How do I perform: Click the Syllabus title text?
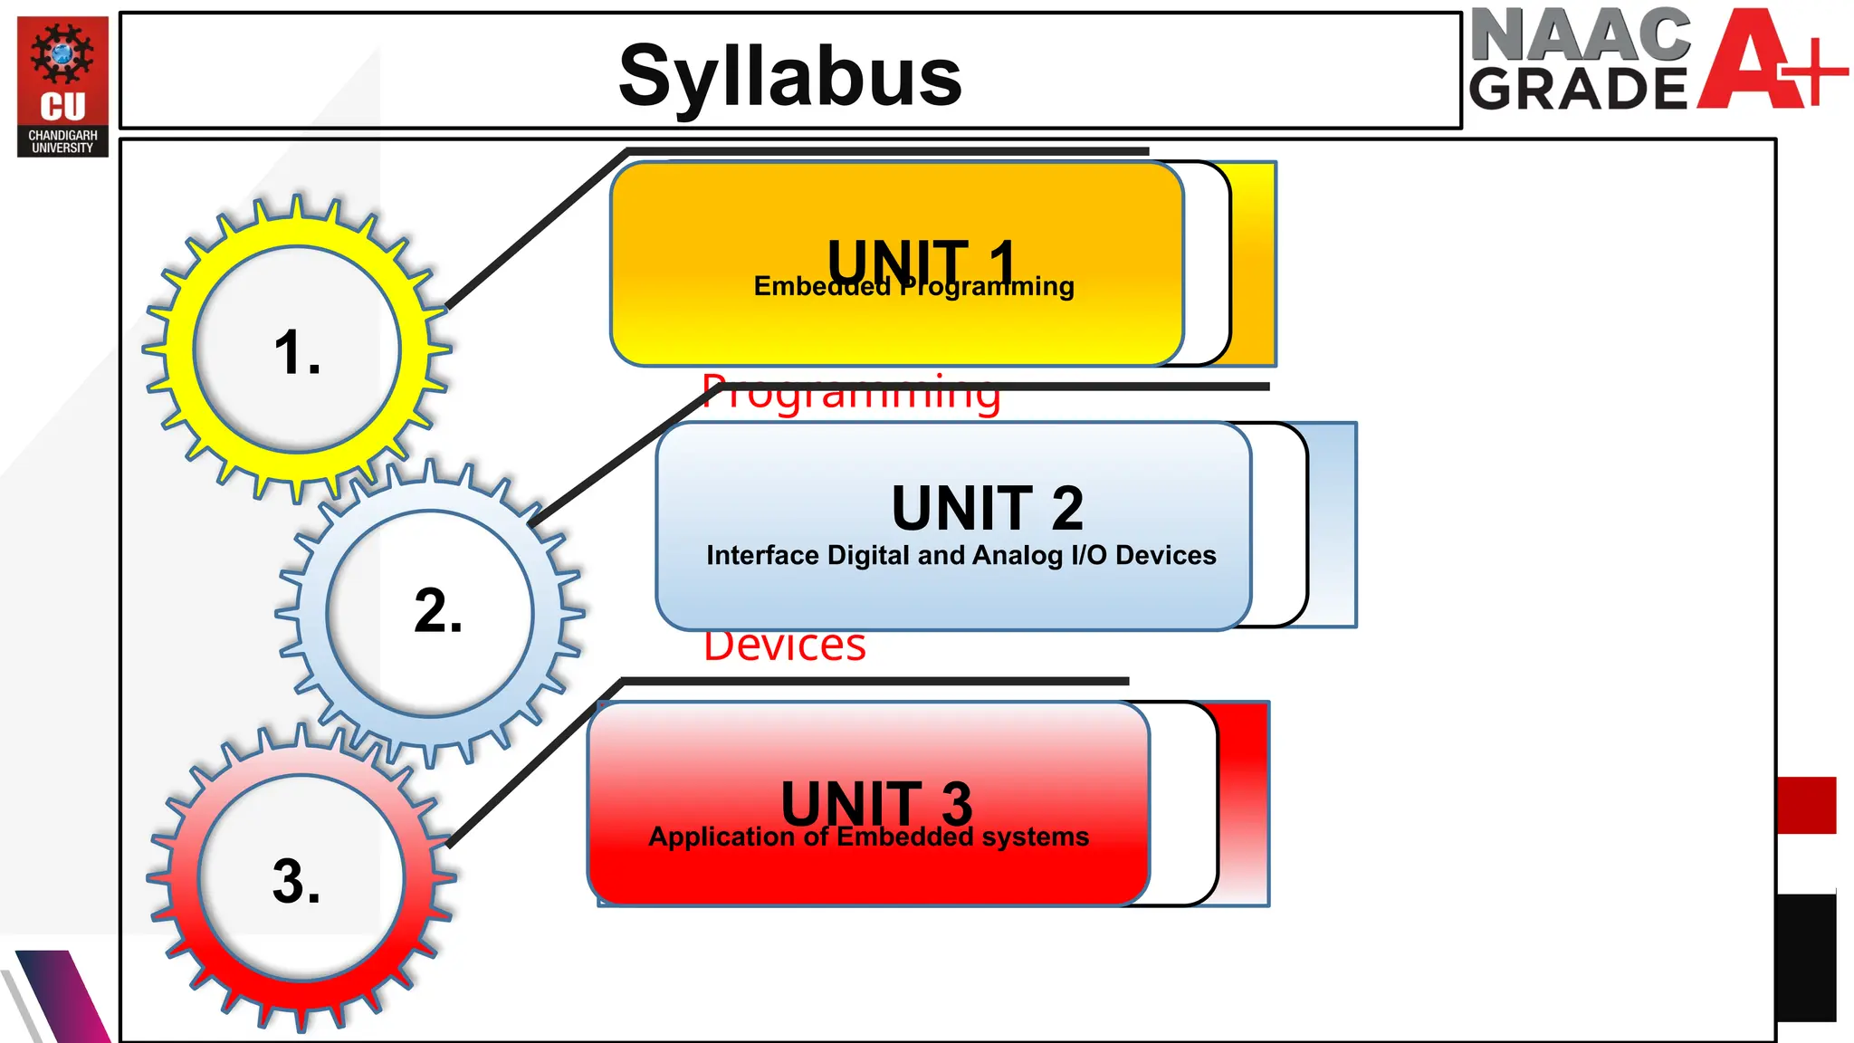pyautogui.click(x=789, y=76)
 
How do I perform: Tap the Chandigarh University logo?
pyautogui.click(x=62, y=86)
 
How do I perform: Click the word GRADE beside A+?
pyautogui.click(x=1579, y=89)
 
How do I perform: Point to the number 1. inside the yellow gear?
pyautogui.click(x=298, y=352)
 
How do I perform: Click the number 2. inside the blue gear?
pyautogui.click(x=438, y=610)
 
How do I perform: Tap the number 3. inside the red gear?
pyautogui.click(x=297, y=881)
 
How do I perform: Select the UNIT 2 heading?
pyautogui.click(x=987, y=508)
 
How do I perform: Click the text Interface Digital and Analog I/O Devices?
pyautogui.click(x=960, y=555)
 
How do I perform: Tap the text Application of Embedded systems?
pyautogui.click(x=869, y=837)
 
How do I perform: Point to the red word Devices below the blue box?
pyautogui.click(x=785, y=646)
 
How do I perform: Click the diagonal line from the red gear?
pyautogui.click(x=534, y=765)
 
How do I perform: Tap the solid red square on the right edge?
pyautogui.click(x=1806, y=805)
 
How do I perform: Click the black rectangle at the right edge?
pyautogui.click(x=1806, y=957)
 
